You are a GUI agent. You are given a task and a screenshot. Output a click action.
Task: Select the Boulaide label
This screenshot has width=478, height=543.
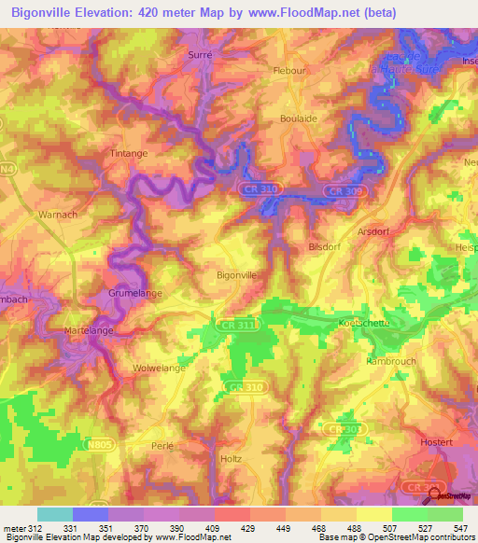(299, 118)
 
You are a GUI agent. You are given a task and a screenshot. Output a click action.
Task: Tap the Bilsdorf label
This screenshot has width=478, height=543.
(326, 248)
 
